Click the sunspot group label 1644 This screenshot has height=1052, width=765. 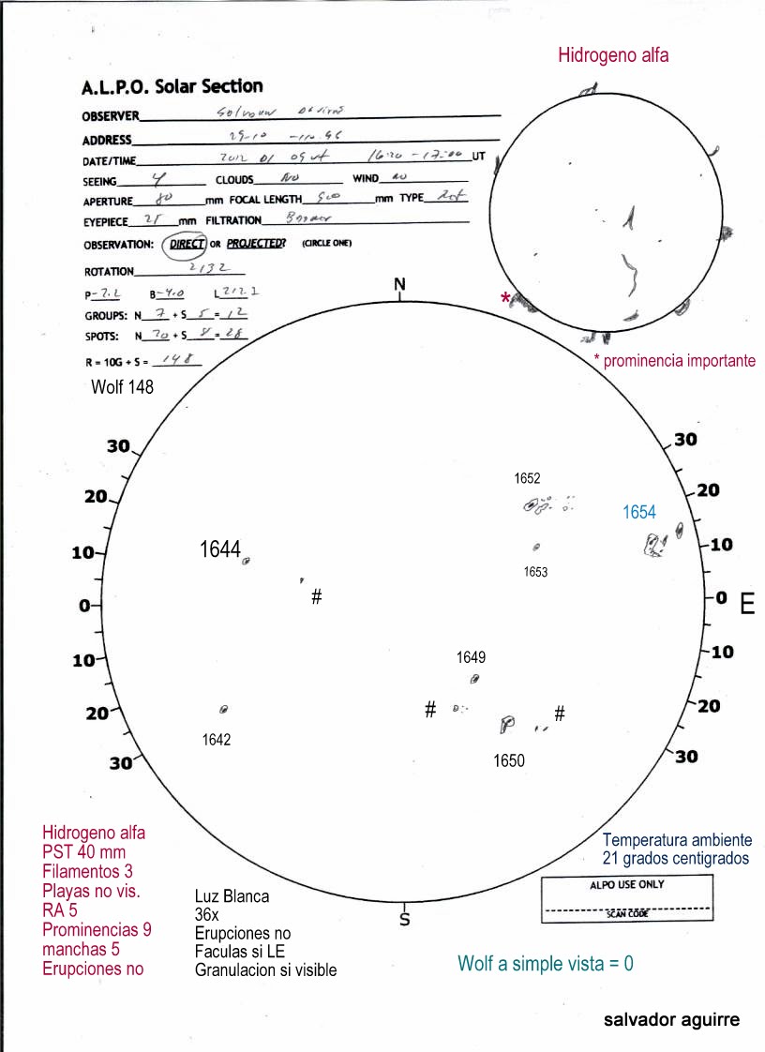[x=219, y=549]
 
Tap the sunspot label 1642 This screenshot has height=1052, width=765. [x=216, y=740]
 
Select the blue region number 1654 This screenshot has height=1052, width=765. [x=639, y=512]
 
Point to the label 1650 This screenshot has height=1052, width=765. [x=509, y=761]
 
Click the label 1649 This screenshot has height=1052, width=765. [x=471, y=656]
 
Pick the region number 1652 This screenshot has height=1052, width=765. [x=527, y=478]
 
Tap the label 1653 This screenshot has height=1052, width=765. [x=535, y=571]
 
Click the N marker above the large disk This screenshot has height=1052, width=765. [x=399, y=284]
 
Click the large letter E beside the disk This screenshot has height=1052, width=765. [x=747, y=604]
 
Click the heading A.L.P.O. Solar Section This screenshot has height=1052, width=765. [x=172, y=86]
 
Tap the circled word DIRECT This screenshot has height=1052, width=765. [x=187, y=244]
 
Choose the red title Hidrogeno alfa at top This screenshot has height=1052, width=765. [x=613, y=55]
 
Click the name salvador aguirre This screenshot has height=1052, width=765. [x=671, y=1019]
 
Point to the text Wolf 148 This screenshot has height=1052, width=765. [x=122, y=386]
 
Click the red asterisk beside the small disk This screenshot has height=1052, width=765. [x=506, y=298]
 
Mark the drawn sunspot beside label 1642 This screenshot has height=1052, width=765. [x=224, y=710]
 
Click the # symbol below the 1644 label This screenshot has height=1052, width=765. [x=317, y=596]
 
